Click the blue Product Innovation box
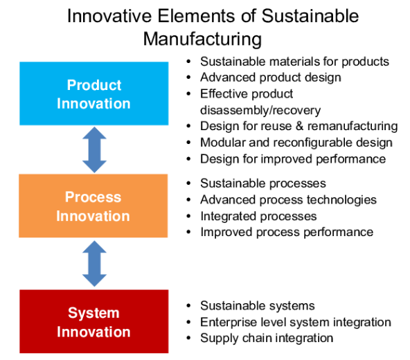[x=94, y=93]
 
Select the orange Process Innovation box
[x=93, y=206]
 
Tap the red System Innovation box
[x=94, y=321]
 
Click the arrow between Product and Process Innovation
[x=94, y=150]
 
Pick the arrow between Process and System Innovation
[x=94, y=264]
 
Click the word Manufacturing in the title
[x=202, y=39]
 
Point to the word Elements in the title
[x=196, y=16]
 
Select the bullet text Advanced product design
[x=271, y=78]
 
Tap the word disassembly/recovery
[x=260, y=110]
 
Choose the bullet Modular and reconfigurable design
[x=296, y=143]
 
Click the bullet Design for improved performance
[x=293, y=159]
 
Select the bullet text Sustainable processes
[x=263, y=183]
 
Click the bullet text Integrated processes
[x=258, y=216]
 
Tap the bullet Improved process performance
[x=287, y=232]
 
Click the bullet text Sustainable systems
[x=258, y=305]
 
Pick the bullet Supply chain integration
[x=267, y=338]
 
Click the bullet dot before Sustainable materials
[x=188, y=62]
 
